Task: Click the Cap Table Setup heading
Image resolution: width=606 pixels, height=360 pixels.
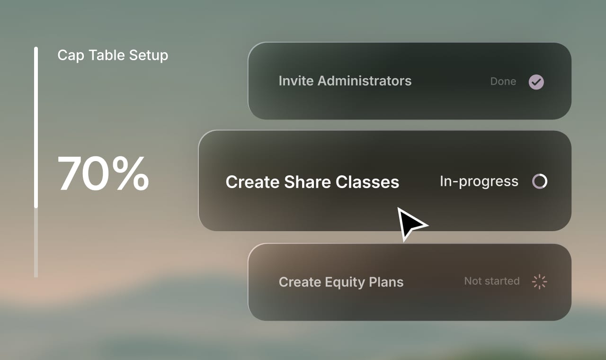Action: (113, 55)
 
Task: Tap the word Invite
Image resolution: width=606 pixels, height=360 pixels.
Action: (296, 81)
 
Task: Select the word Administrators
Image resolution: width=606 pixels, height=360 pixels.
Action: (365, 81)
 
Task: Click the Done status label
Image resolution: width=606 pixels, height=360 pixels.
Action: (503, 81)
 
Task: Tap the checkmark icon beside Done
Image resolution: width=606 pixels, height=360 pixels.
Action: (536, 82)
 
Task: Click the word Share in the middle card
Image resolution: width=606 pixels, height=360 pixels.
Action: (308, 182)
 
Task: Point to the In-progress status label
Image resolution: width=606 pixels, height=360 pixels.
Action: (479, 181)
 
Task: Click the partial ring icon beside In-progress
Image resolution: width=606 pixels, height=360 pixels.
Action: (540, 181)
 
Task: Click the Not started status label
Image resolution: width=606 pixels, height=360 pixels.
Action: (491, 281)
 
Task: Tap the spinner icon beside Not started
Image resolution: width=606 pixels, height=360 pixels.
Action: (539, 281)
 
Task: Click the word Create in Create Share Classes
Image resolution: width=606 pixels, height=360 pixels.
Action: (252, 182)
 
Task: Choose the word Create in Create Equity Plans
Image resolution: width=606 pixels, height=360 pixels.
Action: (300, 282)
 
